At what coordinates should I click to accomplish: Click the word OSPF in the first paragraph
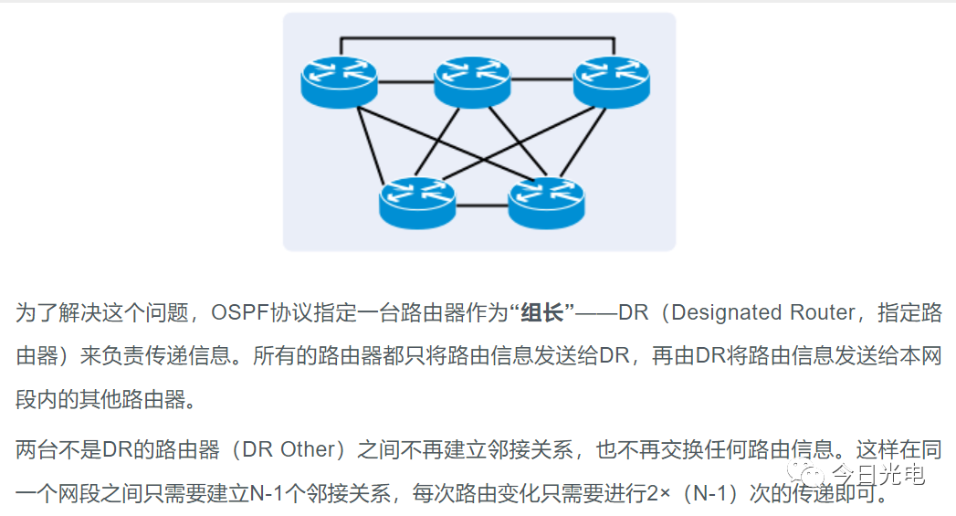(x=239, y=313)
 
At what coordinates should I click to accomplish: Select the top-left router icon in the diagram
(x=339, y=81)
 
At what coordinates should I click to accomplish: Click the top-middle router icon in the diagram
(x=471, y=81)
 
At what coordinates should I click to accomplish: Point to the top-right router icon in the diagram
(x=610, y=81)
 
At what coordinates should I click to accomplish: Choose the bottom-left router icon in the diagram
(x=417, y=202)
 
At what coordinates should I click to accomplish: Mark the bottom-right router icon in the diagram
(x=546, y=202)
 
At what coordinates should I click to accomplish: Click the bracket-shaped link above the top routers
(x=475, y=39)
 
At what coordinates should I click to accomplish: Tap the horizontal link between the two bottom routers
(x=482, y=205)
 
